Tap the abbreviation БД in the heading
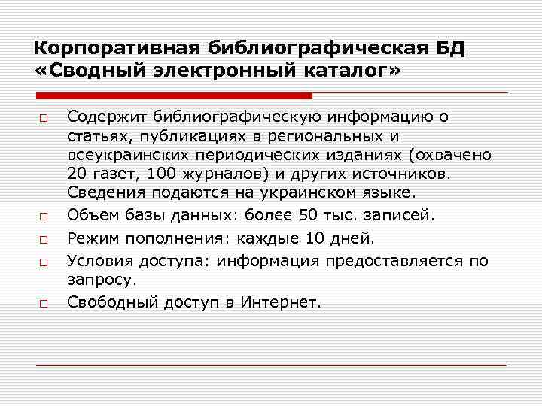pyautogui.click(x=449, y=48)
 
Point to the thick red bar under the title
pyautogui.click(x=175, y=95)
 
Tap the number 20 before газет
pyautogui.click(x=78, y=174)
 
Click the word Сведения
pyautogui.click(x=102, y=194)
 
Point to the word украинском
pyautogui.click(x=324, y=194)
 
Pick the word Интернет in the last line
pyautogui.click(x=281, y=303)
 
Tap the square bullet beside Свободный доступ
pyautogui.click(x=45, y=303)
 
